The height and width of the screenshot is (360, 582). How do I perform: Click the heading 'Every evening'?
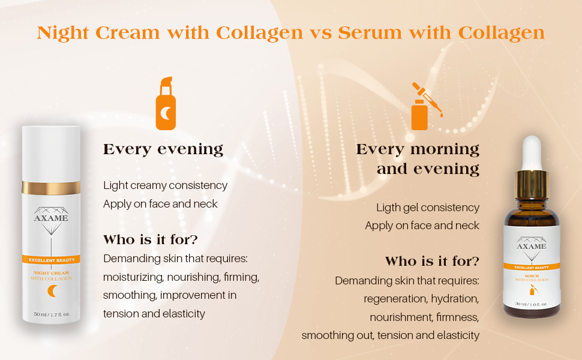163,149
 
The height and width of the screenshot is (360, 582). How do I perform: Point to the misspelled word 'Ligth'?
388,208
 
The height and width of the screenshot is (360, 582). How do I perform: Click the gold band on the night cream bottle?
51,187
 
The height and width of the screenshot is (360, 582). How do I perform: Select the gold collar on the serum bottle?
532,178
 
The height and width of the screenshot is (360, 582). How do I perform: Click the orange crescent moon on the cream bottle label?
52,291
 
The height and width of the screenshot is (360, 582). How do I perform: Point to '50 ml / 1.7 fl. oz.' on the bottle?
52,314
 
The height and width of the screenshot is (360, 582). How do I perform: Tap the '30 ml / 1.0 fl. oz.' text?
532,304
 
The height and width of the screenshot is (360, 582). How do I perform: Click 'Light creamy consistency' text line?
166,185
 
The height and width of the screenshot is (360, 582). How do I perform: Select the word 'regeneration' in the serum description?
392,299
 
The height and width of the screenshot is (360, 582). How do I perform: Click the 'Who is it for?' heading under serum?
432,262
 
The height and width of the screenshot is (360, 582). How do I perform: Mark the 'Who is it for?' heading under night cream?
151,240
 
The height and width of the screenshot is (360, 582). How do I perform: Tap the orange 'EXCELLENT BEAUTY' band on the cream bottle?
51,260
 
